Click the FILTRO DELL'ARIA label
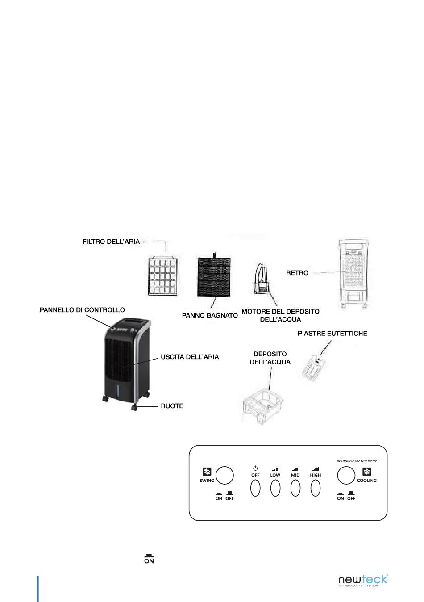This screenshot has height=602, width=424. coord(111,242)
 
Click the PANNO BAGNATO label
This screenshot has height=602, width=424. coord(210,315)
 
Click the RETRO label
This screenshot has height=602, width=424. coord(297,273)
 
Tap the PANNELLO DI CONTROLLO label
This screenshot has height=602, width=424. coord(83,310)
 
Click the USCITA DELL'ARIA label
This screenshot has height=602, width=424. coord(190,357)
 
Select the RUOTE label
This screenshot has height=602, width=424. coord(172,406)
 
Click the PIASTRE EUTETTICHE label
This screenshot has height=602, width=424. coord(333,333)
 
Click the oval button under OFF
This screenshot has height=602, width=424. coord(255,488)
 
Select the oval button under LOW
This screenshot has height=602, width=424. coord(275,488)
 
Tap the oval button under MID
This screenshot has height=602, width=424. coord(295,488)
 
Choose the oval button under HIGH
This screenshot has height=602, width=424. coord(316,488)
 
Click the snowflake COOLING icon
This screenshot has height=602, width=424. coord(366,472)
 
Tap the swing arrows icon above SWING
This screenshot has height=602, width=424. coord(207,472)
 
